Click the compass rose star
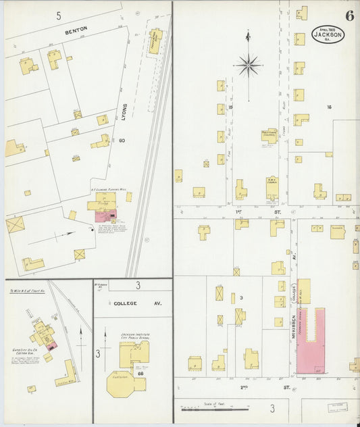coord(248,66)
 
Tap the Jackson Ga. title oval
coord(328,33)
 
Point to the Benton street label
coord(76,31)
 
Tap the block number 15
coord(230,107)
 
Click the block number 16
coord(329,107)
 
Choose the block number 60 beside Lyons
coord(122,141)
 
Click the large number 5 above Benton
coord(59,15)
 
